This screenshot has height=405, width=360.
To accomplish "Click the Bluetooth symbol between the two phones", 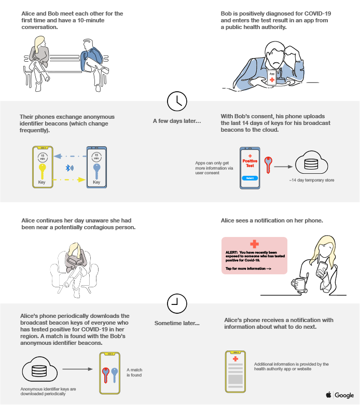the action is [x=70, y=168].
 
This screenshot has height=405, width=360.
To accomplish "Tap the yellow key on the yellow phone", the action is [x=42, y=171].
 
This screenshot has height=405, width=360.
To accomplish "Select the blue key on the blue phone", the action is [x=96, y=171].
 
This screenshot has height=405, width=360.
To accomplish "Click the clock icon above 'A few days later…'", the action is [x=177, y=101].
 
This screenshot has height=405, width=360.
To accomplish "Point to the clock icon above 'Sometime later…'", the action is [x=177, y=303].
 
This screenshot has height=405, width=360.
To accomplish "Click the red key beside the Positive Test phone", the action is [x=268, y=165].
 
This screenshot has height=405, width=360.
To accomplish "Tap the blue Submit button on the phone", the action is [x=250, y=178].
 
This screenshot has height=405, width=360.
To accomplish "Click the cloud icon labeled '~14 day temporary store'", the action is [x=311, y=163].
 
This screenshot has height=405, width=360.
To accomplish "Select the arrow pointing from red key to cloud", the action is [x=283, y=166].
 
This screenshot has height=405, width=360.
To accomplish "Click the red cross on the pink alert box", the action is [x=255, y=244].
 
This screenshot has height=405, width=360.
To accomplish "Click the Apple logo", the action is [x=328, y=395].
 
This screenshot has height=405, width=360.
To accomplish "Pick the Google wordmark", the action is [x=344, y=395].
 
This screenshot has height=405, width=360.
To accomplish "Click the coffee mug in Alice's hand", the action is [x=298, y=284].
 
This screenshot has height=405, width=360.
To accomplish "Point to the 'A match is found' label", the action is [x=134, y=372].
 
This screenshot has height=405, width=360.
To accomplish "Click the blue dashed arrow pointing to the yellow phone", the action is [x=70, y=156].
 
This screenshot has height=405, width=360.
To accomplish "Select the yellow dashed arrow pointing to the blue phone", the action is [x=69, y=179].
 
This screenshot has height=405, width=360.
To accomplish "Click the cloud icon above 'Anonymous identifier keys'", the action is [x=40, y=369].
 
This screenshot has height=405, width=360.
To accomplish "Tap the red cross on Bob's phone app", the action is [x=272, y=79].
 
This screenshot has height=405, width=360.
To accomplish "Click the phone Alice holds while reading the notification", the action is [x=322, y=269].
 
